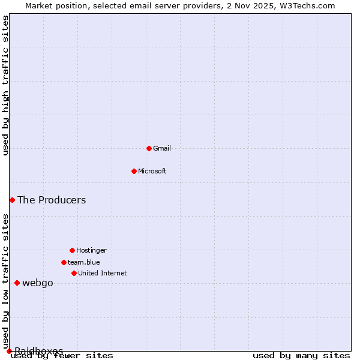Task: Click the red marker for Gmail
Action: click(x=149, y=148)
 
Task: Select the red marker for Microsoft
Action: click(x=134, y=171)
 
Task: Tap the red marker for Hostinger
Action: click(x=72, y=250)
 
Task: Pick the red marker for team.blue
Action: click(x=64, y=262)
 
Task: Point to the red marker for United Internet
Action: click(x=74, y=273)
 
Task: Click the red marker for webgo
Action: click(x=17, y=283)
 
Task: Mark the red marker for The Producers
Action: click(x=12, y=200)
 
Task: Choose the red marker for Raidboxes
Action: click(x=9, y=351)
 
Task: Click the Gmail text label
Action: click(x=162, y=148)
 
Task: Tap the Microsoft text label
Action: click(x=152, y=171)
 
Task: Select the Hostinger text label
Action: click(x=91, y=250)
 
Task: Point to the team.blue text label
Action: click(x=84, y=262)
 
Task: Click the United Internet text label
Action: click(x=103, y=273)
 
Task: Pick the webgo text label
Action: click(x=38, y=283)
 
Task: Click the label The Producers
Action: click(x=52, y=200)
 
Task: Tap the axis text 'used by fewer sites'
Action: click(x=62, y=356)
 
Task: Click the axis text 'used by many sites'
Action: click(x=301, y=356)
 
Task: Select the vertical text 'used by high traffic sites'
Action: click(x=5, y=85)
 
